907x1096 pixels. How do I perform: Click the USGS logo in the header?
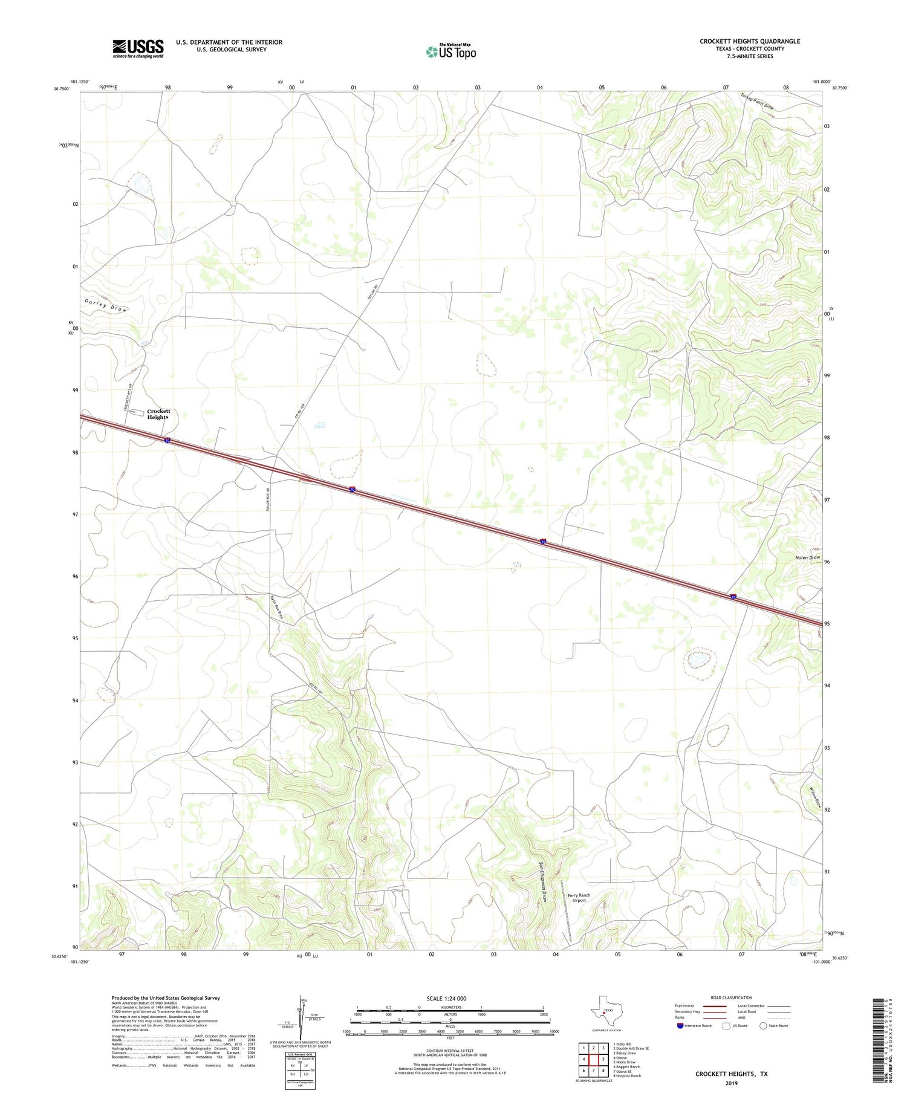[x=138, y=48]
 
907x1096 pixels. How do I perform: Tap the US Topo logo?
[x=450, y=52]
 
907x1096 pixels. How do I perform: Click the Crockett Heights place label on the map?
[x=158, y=414]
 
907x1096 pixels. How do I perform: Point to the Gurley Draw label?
[x=106, y=305]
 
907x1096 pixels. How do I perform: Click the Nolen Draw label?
[x=807, y=557]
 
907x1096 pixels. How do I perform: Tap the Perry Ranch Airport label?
[x=579, y=898]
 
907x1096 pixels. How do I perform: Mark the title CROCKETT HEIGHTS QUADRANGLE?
[x=750, y=41]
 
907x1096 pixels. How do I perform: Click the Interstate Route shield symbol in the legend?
[x=681, y=1026]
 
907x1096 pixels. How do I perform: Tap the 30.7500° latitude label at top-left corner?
[x=62, y=89]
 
